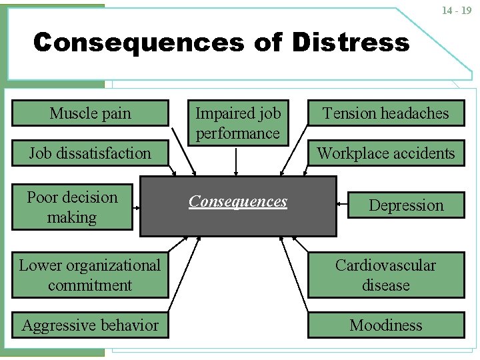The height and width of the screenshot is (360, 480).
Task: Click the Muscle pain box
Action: click(90, 113)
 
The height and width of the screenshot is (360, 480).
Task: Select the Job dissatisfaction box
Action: click(90, 153)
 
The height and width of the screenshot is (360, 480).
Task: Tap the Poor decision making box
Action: click(72, 207)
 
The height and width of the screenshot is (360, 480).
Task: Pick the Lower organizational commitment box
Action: click(90, 275)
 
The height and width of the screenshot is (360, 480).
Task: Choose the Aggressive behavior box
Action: click(90, 325)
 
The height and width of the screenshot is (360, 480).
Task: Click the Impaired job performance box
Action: click(238, 123)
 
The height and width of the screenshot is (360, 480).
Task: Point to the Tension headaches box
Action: click(386, 113)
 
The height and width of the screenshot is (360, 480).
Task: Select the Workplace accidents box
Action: click(386, 153)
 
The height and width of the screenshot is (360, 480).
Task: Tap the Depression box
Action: click(406, 205)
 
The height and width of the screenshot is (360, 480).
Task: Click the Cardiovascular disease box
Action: click(386, 275)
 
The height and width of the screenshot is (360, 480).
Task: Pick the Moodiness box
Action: click(386, 325)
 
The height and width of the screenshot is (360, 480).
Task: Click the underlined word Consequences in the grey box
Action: click(238, 201)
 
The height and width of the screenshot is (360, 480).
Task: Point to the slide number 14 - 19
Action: click(457, 11)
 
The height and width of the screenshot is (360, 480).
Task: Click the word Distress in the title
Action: click(351, 42)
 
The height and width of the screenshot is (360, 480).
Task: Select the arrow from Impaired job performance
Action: click(236, 162)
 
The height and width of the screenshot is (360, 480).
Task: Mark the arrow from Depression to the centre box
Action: click(342, 204)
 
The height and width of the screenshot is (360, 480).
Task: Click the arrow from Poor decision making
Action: click(137, 208)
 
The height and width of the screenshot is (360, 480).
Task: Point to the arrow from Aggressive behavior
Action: click(184, 274)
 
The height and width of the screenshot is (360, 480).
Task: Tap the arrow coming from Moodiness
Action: click(294, 274)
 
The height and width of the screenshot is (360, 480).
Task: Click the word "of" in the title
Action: click(267, 42)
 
